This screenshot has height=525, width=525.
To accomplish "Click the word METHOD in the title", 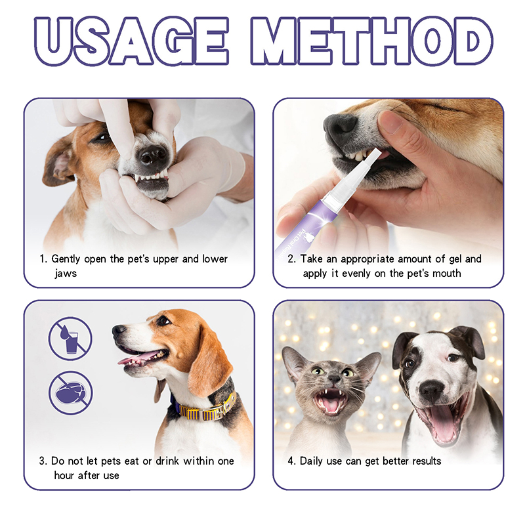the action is click(x=372, y=41).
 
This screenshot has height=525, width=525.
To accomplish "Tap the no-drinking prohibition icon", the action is click(x=70, y=339).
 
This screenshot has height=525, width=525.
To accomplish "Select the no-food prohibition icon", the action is click(x=70, y=392).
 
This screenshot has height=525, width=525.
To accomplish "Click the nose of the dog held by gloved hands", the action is click(x=153, y=155).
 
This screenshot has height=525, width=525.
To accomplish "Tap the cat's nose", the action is click(x=335, y=379).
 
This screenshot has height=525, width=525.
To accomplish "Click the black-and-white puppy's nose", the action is click(x=432, y=390).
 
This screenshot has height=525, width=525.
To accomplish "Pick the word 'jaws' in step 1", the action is click(x=66, y=274).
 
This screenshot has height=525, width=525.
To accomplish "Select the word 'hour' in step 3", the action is click(x=64, y=475).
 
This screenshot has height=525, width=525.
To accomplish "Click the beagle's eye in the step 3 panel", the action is click(x=163, y=320).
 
